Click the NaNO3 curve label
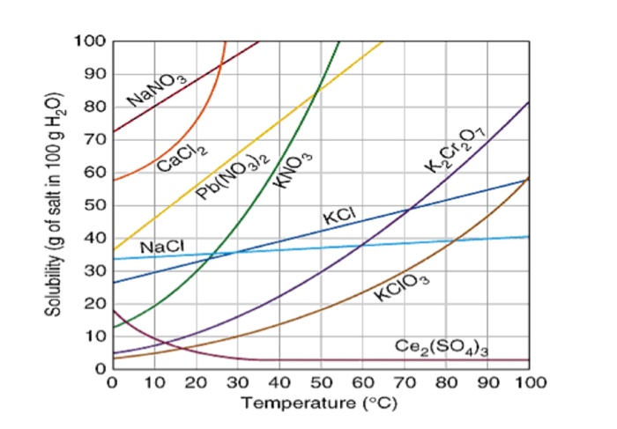(x=158, y=89)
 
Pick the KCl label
(x=339, y=217)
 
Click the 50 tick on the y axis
(x=94, y=205)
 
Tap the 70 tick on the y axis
(x=94, y=139)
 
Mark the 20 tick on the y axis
(x=94, y=304)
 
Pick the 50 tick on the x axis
(x=321, y=383)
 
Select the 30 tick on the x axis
(x=237, y=383)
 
